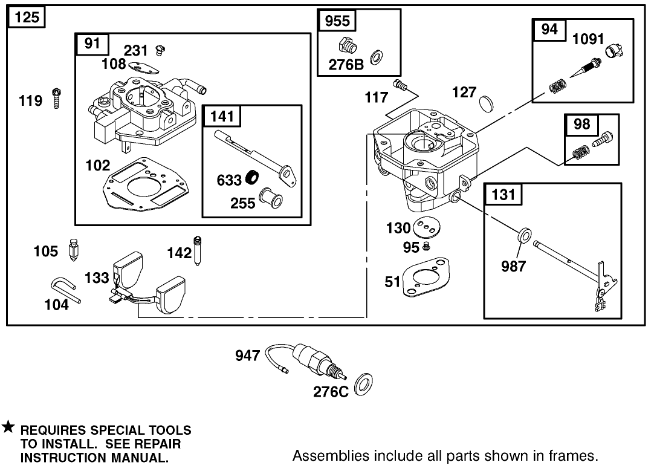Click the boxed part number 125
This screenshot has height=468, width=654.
pyautogui.click(x=27, y=17)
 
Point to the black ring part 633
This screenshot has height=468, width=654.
pyautogui.click(x=251, y=179)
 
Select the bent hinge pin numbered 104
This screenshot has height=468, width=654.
pyautogui.click(x=63, y=288)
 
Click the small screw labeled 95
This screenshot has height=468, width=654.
pyautogui.click(x=426, y=246)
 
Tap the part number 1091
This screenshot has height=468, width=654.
pyautogui.click(x=588, y=39)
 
